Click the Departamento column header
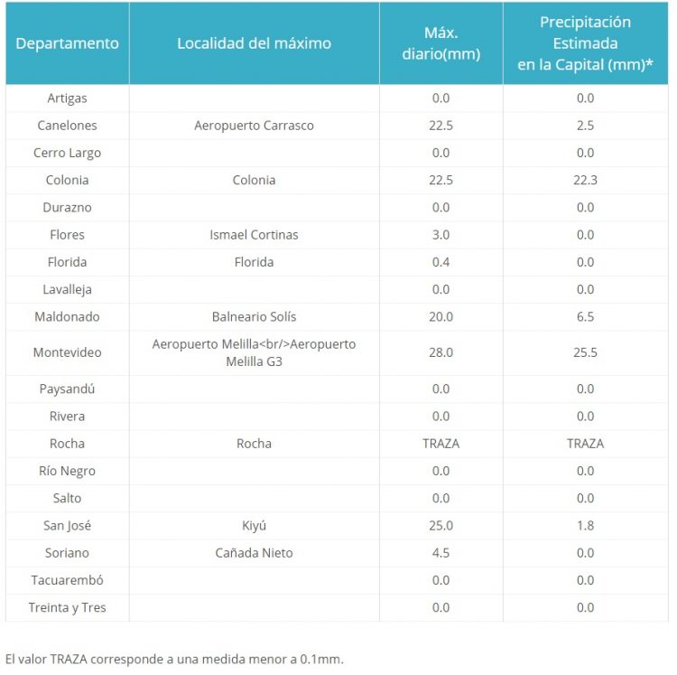coord(68,43)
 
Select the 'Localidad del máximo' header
coord(254,43)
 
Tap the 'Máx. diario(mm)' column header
coord(441,43)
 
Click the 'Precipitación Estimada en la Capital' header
coord(585,43)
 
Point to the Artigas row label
coord(68,98)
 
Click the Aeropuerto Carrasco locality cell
coord(254,126)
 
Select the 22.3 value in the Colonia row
coord(585,180)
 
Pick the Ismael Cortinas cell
coord(254,235)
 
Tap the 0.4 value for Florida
coord(441,262)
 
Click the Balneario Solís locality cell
coord(254,317)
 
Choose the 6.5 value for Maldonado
coord(585,317)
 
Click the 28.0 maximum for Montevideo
coord(441,352)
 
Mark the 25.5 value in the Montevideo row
coord(585,352)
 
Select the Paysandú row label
coord(68,389)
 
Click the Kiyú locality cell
coord(254,526)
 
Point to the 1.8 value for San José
coord(585,526)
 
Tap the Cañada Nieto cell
coord(254,553)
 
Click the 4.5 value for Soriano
coord(441,553)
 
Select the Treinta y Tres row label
coord(68,607)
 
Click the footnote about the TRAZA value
coord(174,659)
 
